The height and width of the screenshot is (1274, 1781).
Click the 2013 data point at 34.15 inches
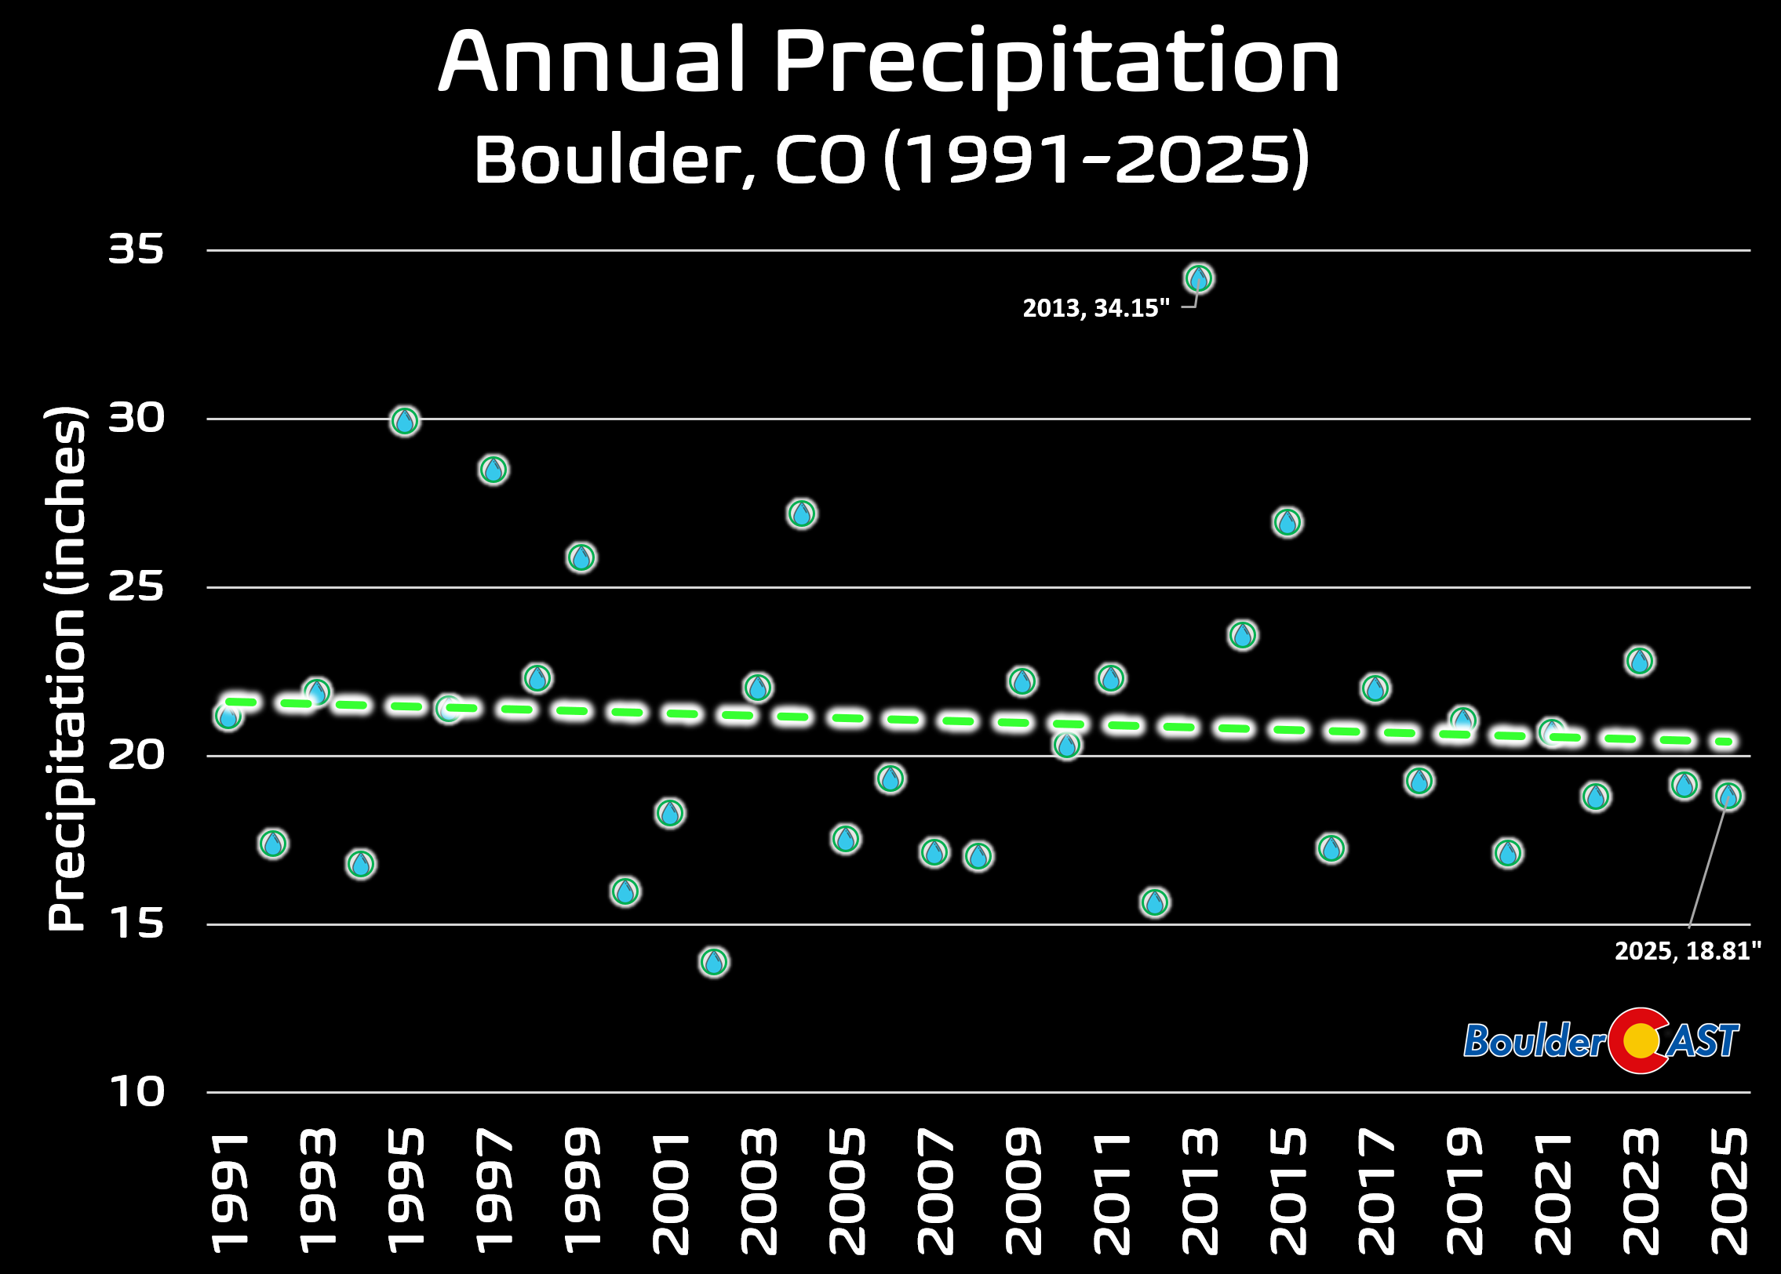click(x=1199, y=278)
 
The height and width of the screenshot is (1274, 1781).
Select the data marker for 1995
click(x=404, y=421)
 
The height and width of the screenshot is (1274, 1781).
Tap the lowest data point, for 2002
click(x=713, y=961)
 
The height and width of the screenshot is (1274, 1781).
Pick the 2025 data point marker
click(x=1728, y=797)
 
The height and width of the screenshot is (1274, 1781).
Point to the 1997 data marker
click(x=493, y=470)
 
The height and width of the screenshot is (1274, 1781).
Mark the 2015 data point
click(x=1287, y=521)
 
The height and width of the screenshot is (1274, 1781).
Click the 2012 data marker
click(x=1155, y=902)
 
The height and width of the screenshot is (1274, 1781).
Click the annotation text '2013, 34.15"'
click(x=1096, y=308)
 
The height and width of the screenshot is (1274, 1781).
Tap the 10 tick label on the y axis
click(x=137, y=1092)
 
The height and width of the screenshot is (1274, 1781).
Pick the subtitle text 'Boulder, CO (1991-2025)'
click(x=891, y=160)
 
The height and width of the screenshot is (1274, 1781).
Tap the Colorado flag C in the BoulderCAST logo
click(x=1637, y=1041)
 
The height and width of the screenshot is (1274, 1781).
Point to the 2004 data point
click(x=801, y=514)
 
